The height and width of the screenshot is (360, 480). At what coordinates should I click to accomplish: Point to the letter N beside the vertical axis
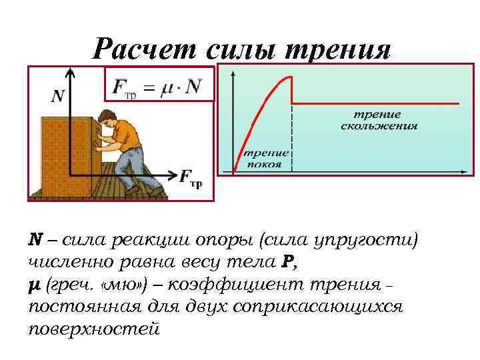[58, 96]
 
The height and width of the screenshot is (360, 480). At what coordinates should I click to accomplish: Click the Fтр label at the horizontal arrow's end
[191, 177]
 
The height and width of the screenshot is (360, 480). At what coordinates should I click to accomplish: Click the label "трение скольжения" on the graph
[377, 119]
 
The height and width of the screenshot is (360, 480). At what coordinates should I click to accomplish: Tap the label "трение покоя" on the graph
[265, 159]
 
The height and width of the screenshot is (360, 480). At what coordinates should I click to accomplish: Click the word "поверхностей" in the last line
[94, 329]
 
